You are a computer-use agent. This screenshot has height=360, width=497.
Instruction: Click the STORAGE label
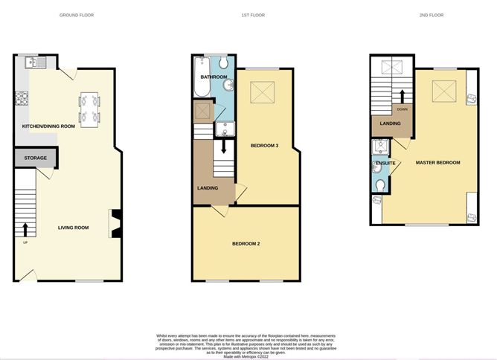click(35, 158)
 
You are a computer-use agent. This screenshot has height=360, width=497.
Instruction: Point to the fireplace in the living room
click(115, 222)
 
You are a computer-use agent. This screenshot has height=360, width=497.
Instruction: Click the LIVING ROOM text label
click(74, 228)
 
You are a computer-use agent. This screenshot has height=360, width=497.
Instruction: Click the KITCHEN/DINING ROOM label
click(49, 126)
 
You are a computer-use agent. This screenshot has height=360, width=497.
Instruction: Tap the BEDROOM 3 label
click(265, 146)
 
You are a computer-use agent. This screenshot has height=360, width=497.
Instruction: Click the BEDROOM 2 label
click(246, 244)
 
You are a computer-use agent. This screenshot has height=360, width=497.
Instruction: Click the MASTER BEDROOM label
click(437, 162)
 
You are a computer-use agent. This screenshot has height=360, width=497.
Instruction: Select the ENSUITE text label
click(385, 162)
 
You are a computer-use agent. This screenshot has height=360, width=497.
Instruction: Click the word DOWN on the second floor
click(403, 109)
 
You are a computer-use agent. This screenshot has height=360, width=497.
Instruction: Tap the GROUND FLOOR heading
click(77, 15)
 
